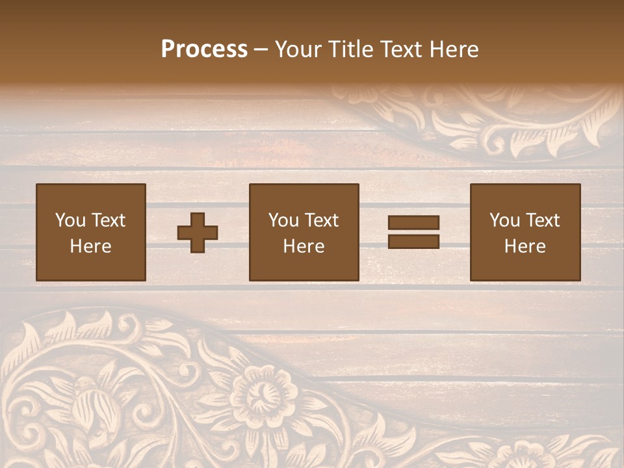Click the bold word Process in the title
(x=204, y=49)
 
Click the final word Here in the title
(x=454, y=49)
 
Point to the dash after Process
(x=261, y=49)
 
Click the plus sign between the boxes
(x=198, y=233)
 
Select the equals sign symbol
(x=413, y=232)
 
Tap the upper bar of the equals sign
(x=413, y=223)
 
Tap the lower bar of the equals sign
(x=413, y=241)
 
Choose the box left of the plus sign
(x=91, y=232)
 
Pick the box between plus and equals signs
(x=304, y=232)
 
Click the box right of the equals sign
(x=525, y=232)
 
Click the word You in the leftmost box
(x=70, y=220)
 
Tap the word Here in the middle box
(x=304, y=246)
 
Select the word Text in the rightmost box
(x=542, y=220)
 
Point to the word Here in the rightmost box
(x=525, y=246)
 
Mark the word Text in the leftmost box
(x=108, y=220)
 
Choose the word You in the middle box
(x=283, y=220)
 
